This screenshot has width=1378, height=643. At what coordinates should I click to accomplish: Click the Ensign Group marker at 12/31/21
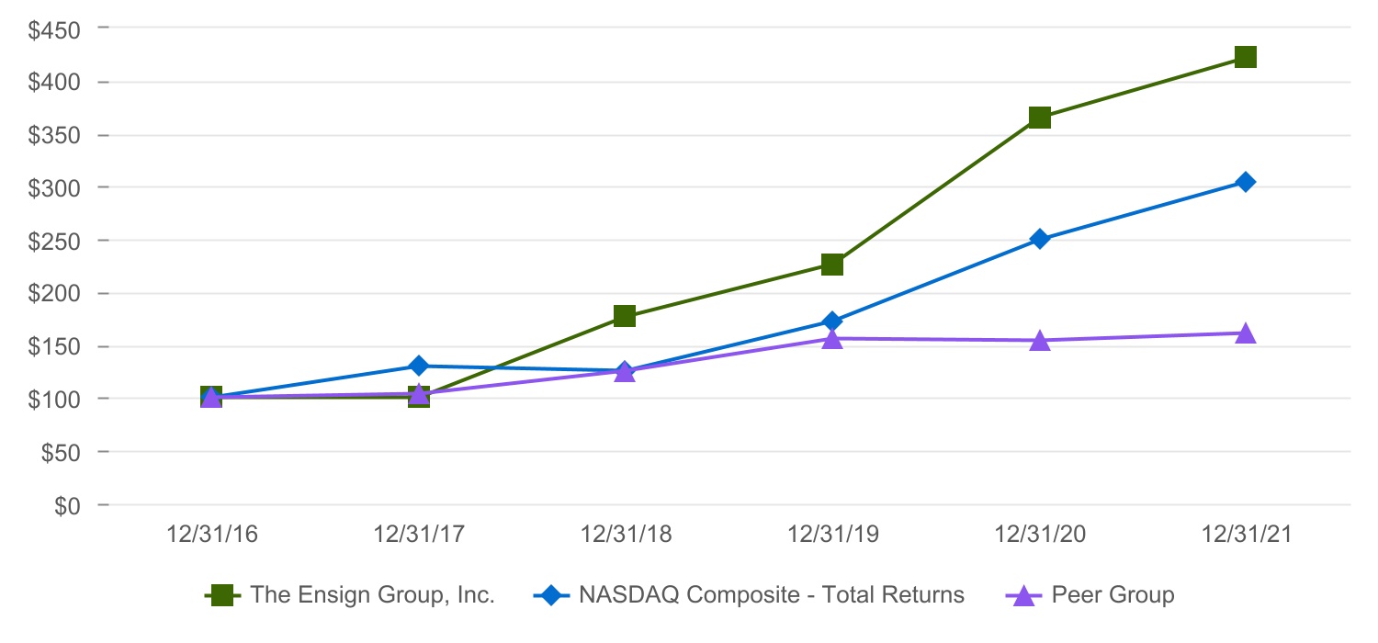[x=1246, y=58]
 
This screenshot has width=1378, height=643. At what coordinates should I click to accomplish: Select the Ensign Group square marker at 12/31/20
[x=1040, y=118]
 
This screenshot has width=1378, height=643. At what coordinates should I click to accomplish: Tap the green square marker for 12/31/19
[x=832, y=265]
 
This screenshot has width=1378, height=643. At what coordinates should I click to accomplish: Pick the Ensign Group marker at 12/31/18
[x=625, y=316]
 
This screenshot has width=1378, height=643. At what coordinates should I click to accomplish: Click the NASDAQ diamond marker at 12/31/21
[x=1246, y=182]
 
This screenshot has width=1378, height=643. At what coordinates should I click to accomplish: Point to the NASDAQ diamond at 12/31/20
[x=1040, y=239]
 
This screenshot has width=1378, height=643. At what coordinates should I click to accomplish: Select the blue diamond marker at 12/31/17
[x=419, y=366]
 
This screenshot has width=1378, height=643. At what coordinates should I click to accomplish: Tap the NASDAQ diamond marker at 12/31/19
[x=832, y=321]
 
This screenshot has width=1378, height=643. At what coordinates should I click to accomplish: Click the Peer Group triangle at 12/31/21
[x=1246, y=333]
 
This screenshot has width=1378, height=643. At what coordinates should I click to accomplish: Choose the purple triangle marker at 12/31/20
[x=1040, y=341]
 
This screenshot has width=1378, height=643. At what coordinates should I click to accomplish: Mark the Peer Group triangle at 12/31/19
[x=832, y=339]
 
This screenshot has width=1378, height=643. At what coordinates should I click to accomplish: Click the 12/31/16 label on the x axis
[x=211, y=536]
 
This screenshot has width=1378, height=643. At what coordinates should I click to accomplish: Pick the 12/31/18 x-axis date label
[x=625, y=536]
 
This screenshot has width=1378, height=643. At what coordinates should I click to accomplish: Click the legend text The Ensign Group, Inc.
[x=373, y=595]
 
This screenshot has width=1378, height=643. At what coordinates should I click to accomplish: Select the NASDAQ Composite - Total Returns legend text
[x=772, y=595]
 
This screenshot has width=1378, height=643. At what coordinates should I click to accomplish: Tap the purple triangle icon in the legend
[x=1024, y=595]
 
